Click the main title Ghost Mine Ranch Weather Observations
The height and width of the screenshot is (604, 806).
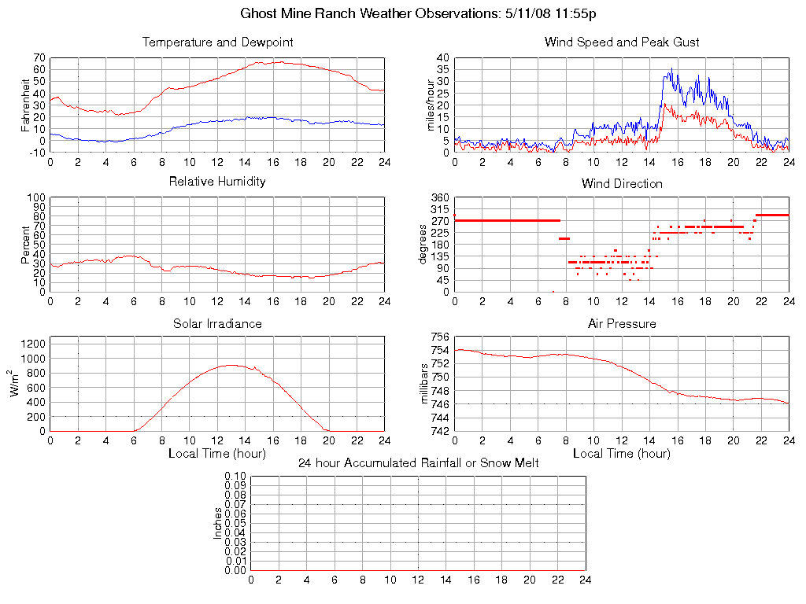tap(418, 14)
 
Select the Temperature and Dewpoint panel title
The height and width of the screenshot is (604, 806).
tap(217, 42)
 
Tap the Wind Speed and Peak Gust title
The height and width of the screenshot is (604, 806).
tap(622, 42)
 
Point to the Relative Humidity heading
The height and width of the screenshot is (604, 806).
tap(217, 182)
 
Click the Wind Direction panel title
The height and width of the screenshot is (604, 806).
tap(622, 184)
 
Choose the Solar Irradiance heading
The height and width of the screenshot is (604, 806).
tap(217, 324)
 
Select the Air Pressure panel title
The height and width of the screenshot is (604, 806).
tap(622, 324)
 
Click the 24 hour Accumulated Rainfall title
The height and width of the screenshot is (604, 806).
tap(418, 463)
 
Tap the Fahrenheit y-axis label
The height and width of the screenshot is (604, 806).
tap(26, 105)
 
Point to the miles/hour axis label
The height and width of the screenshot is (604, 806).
tap(431, 105)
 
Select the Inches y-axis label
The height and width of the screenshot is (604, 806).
tap(218, 523)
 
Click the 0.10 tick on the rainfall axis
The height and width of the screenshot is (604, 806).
tap(236, 477)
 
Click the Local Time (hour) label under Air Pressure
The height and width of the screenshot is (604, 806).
tap(622, 454)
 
